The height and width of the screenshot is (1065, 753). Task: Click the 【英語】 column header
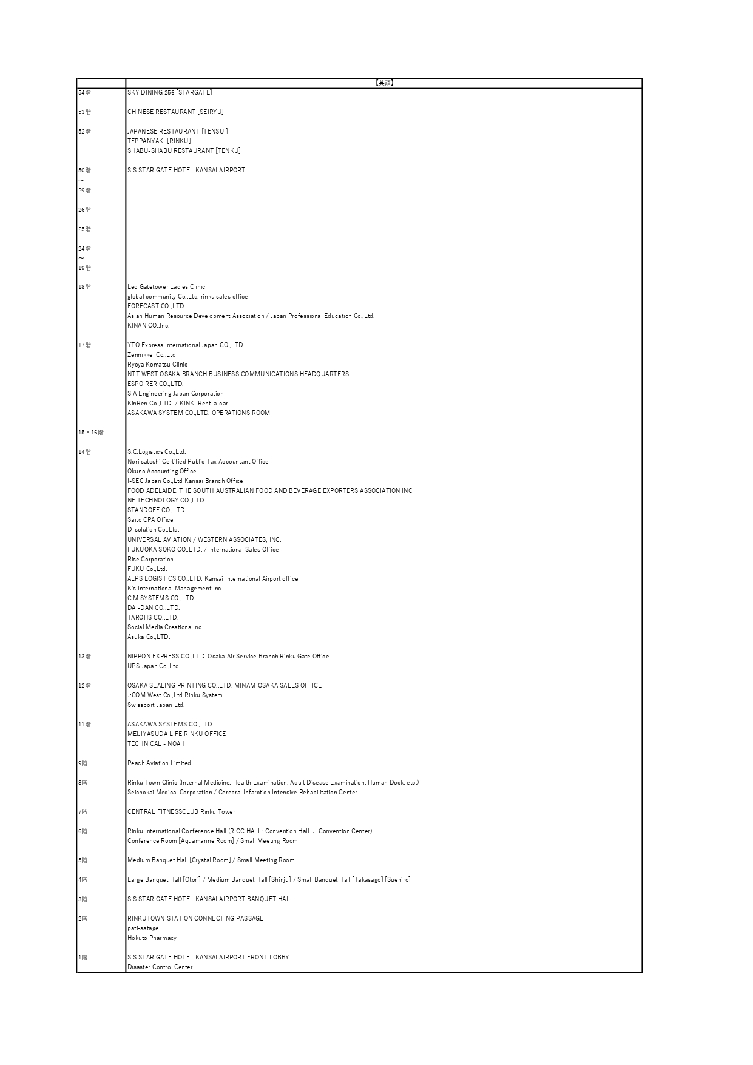coord(384,83)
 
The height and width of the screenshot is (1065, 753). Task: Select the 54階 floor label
coord(84,93)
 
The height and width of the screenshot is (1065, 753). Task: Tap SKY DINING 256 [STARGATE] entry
coord(170,93)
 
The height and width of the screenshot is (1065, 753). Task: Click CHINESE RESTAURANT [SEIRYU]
coord(175,112)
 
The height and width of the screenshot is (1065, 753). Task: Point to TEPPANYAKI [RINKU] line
coord(159,141)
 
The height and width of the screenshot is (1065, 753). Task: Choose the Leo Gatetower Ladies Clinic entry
coord(166,287)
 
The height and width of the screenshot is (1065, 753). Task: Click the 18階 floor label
coord(84,287)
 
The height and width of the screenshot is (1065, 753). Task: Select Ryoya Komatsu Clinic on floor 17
coord(157,365)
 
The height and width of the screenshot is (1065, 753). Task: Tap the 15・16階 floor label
coord(91,433)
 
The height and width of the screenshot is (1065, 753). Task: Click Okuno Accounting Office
coord(162,472)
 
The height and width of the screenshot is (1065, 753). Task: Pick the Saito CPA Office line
coord(150,520)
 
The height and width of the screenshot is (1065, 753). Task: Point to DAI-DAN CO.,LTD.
coord(154,608)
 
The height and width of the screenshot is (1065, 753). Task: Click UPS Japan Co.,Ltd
coord(153,666)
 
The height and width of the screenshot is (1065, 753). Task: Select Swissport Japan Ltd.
coord(156,705)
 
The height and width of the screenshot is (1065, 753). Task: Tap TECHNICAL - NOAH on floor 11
coord(156,744)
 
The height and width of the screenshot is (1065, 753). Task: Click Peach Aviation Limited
coord(159,763)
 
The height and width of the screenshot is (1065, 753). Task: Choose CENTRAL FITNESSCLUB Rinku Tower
coord(181,812)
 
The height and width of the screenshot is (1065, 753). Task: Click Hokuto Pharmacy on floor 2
coord(152,938)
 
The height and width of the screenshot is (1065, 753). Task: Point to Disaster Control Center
coord(160,967)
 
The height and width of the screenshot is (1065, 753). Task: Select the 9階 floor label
coord(83,763)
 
